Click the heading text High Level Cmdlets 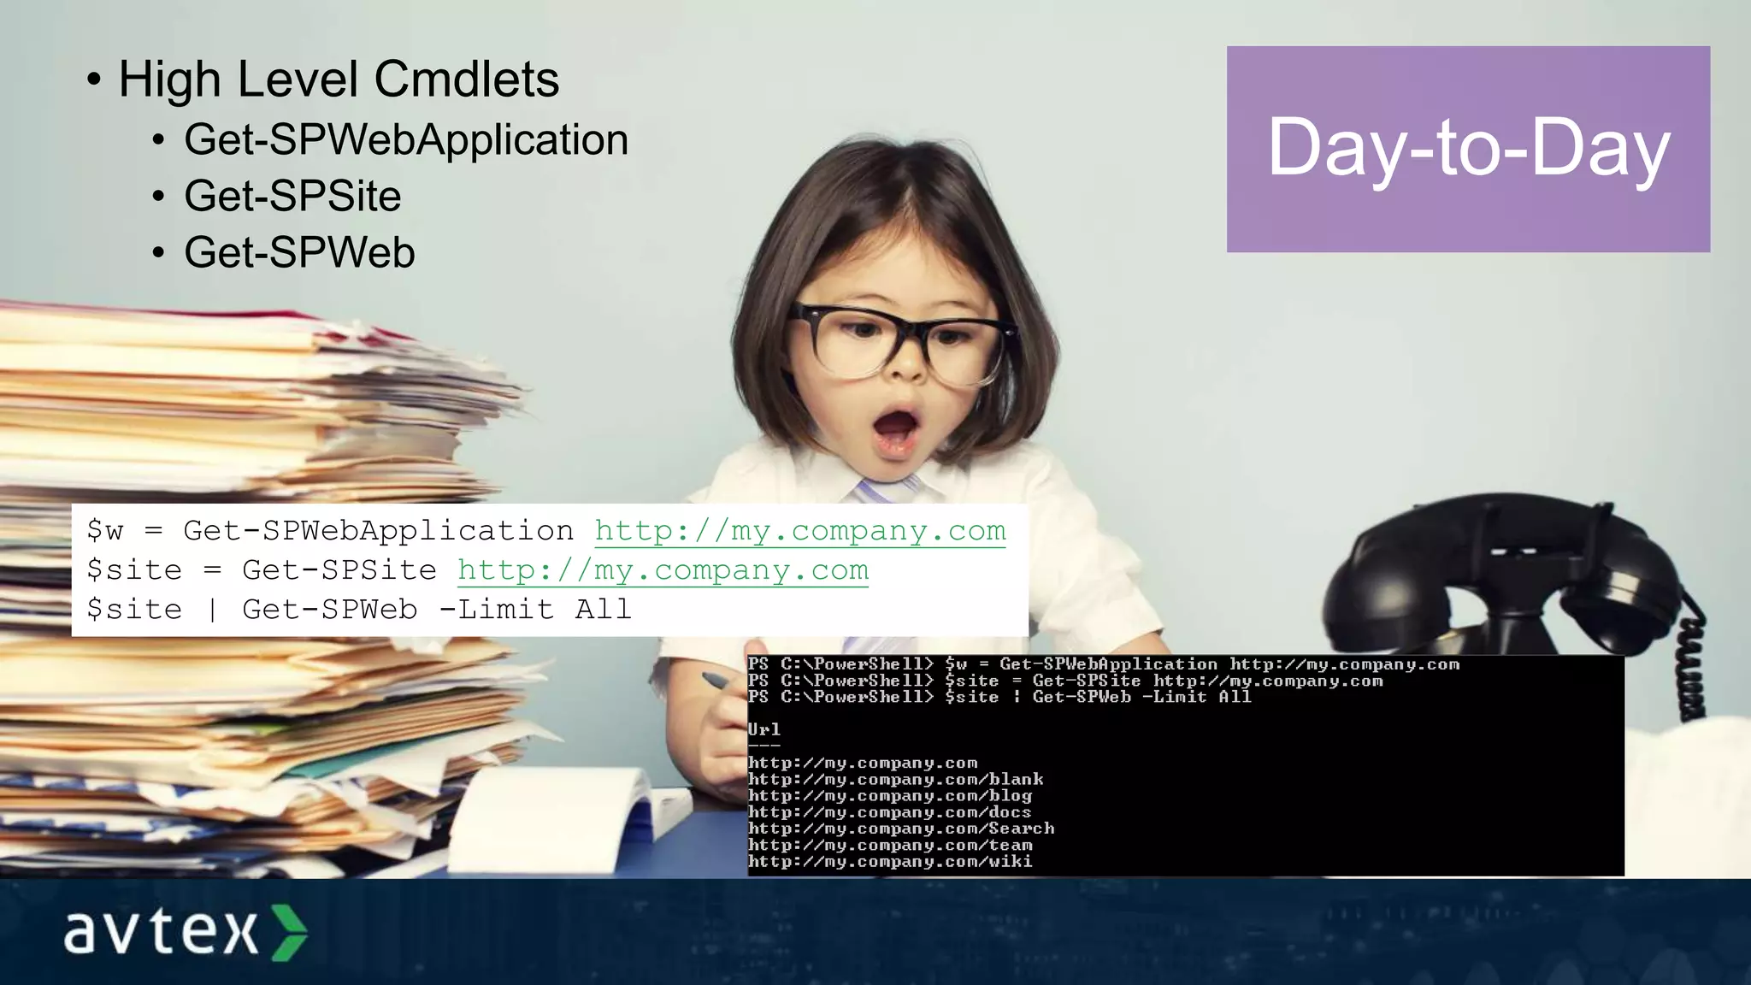coord(339,80)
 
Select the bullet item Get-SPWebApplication coord(406,140)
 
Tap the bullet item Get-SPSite coord(292,197)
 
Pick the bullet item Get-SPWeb coord(299,253)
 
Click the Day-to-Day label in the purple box coord(1468,149)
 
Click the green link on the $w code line coord(800,531)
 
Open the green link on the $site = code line coord(663,570)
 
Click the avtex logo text coord(161,931)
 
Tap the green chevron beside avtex coord(289,932)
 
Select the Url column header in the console coord(763,729)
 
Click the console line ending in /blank coord(895,779)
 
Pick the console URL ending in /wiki coord(890,861)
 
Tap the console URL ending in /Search coord(901,829)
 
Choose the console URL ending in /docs coord(889,812)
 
